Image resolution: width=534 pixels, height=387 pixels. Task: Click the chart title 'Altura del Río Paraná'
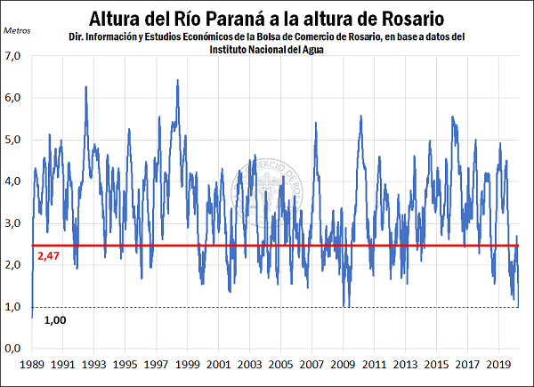[x=267, y=17]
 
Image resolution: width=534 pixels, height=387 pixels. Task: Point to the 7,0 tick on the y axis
[x=17, y=56]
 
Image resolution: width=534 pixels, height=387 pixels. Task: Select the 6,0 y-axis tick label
[x=17, y=98]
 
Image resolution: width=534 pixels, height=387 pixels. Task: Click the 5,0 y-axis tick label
[x=17, y=140]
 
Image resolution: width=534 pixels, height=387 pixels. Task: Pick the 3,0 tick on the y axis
[x=17, y=223]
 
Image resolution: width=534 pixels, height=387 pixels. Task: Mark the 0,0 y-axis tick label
[x=17, y=348]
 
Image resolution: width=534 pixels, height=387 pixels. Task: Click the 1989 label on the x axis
[x=32, y=365]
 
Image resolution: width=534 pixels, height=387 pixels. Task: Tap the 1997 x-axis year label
[x=157, y=365]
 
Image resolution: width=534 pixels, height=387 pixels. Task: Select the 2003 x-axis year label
[x=250, y=365]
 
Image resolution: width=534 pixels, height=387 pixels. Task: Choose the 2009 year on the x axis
[x=344, y=365]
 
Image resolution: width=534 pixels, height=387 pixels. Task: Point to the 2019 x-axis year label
[x=498, y=365]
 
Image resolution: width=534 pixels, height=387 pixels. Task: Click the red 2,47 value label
[x=48, y=256]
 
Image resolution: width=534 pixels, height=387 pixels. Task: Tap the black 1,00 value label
[x=55, y=318]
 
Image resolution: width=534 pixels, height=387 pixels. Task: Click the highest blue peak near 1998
[x=178, y=81]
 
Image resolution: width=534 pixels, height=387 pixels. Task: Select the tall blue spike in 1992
[x=85, y=87]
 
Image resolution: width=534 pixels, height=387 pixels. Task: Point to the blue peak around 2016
[x=453, y=117]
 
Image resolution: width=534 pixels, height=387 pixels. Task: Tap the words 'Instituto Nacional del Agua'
[x=266, y=50]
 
